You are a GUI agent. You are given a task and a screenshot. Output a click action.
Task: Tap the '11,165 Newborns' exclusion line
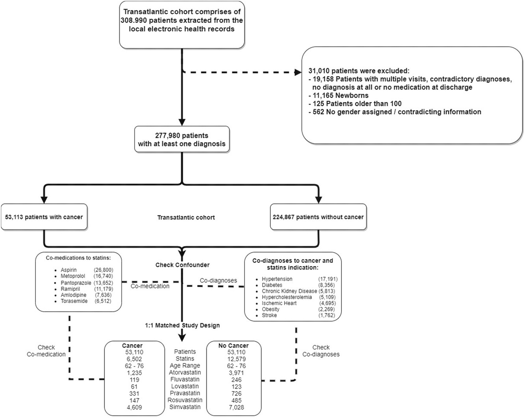click(338, 95)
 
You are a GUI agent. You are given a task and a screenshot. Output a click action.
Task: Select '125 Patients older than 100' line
click(355, 104)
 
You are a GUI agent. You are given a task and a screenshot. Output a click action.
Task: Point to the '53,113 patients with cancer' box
click(44, 217)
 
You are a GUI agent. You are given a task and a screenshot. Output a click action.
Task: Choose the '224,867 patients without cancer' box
click(318, 217)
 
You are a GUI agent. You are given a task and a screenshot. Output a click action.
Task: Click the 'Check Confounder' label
click(182, 265)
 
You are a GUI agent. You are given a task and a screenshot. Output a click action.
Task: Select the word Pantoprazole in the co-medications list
click(76, 283)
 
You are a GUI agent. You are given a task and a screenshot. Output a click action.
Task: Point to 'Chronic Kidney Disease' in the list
click(289, 291)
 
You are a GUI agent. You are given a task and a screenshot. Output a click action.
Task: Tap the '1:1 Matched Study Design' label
click(182, 325)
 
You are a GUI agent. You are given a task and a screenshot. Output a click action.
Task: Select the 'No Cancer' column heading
click(234, 346)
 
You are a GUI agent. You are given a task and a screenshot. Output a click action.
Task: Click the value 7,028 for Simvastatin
click(236, 407)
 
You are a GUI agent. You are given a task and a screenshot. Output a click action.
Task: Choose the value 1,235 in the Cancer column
click(134, 373)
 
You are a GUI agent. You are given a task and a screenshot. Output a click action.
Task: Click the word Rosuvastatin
click(185, 400)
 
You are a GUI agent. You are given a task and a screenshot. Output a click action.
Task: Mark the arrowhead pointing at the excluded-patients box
click(298, 72)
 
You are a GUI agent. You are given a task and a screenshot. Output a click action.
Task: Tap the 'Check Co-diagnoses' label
click(321, 351)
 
